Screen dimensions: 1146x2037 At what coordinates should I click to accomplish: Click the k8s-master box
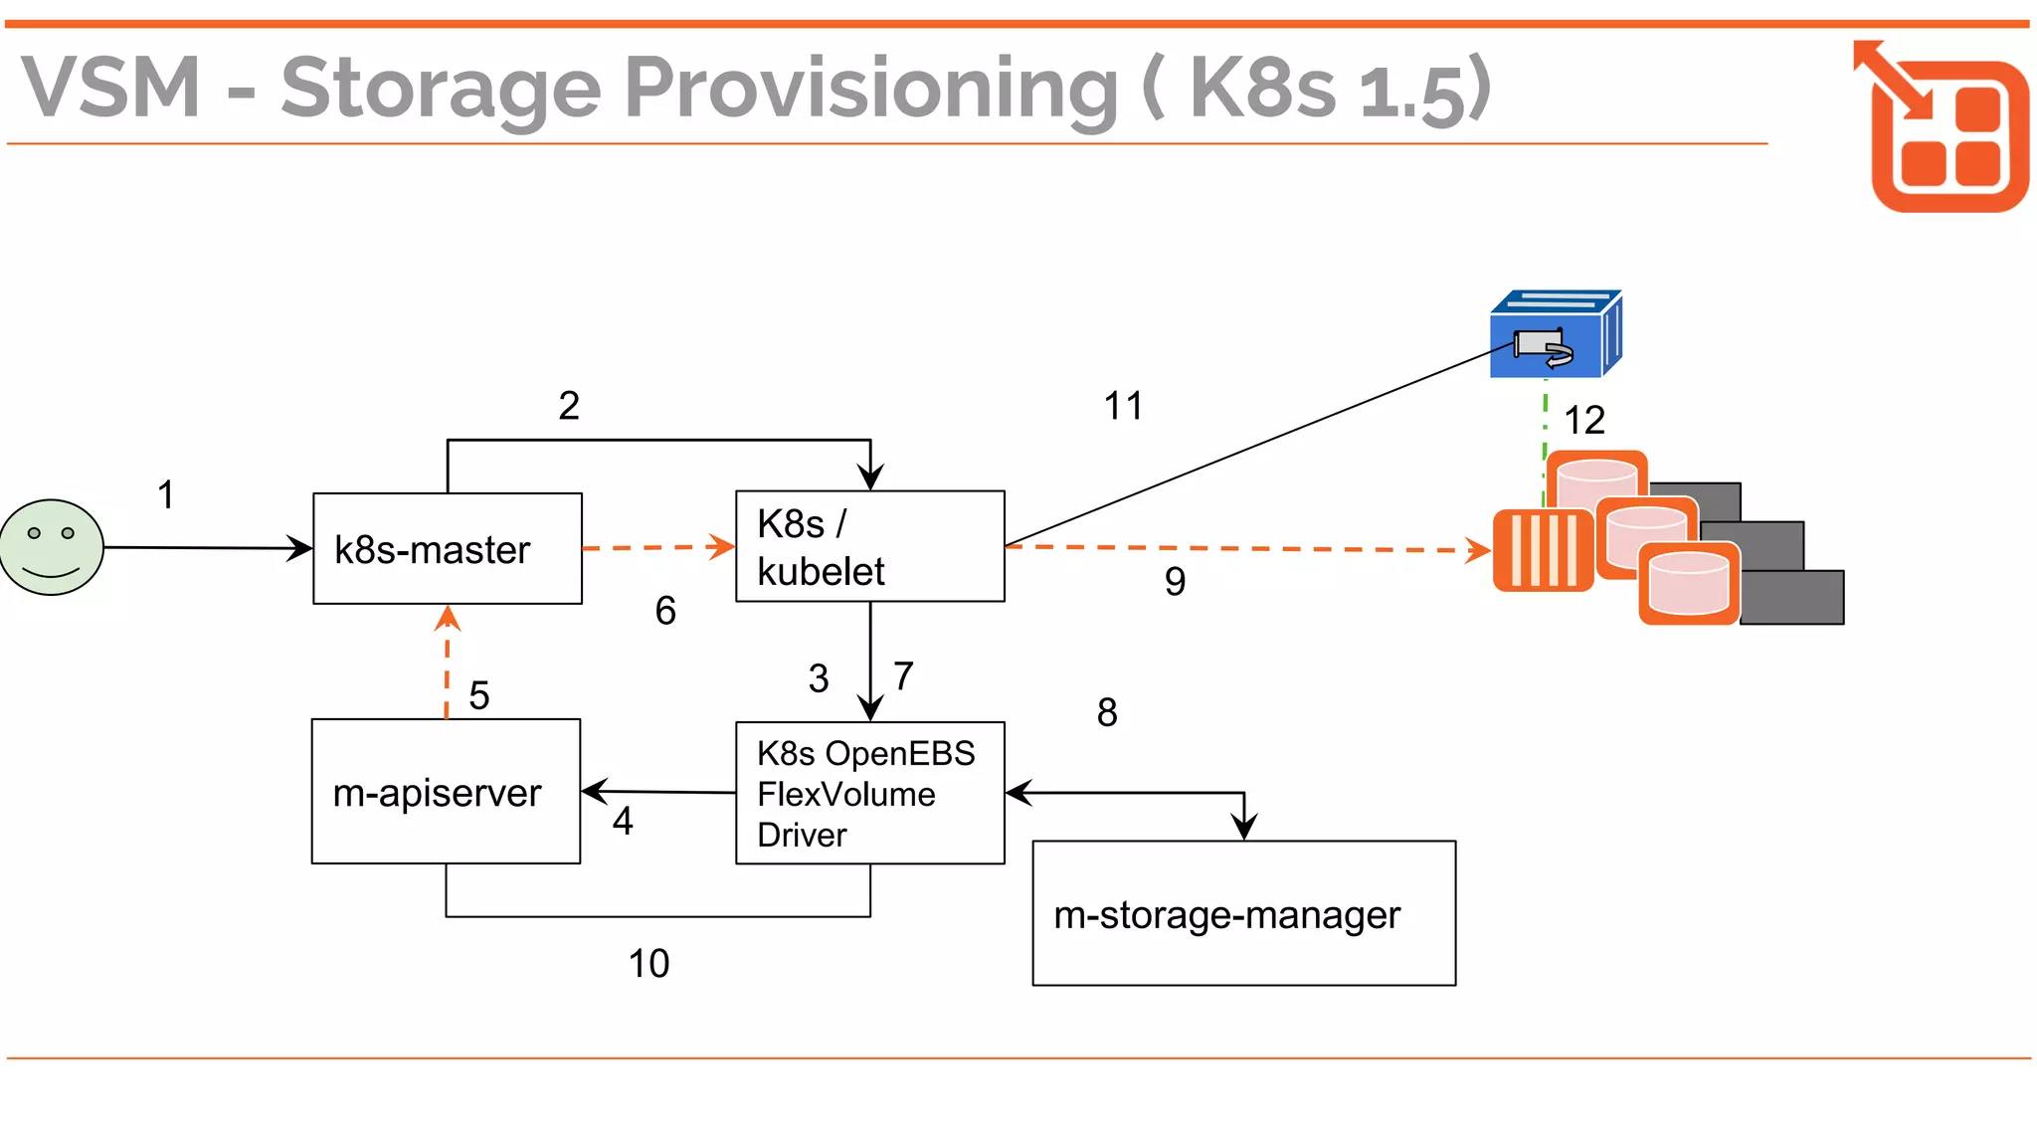coord(447,548)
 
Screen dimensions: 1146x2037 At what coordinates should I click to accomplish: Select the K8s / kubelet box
coord(869,546)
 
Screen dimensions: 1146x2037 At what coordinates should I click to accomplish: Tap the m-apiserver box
coord(446,792)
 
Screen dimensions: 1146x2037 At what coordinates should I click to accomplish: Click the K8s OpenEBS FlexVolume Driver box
coord(869,793)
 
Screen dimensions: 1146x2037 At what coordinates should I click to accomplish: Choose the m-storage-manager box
coord(1243,913)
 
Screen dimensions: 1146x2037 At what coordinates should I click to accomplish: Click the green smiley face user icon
coord(52,547)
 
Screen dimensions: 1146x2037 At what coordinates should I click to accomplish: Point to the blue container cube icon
coord(1555,335)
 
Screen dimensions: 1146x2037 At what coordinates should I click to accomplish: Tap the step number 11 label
coord(1124,406)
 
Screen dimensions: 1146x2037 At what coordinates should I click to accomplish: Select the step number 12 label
coord(1584,420)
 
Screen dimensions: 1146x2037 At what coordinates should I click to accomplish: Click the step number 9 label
coord(1175,581)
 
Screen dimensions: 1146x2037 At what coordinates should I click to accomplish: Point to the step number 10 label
coord(648,963)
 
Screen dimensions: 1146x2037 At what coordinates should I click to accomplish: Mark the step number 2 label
coord(569,406)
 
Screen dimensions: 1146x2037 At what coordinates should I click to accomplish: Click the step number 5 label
coord(478,695)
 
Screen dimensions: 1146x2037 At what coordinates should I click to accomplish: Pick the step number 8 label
coord(1107,712)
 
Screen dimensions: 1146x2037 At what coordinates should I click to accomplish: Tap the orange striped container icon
coord(1543,550)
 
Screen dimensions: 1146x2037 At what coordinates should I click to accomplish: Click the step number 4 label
coord(623,822)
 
